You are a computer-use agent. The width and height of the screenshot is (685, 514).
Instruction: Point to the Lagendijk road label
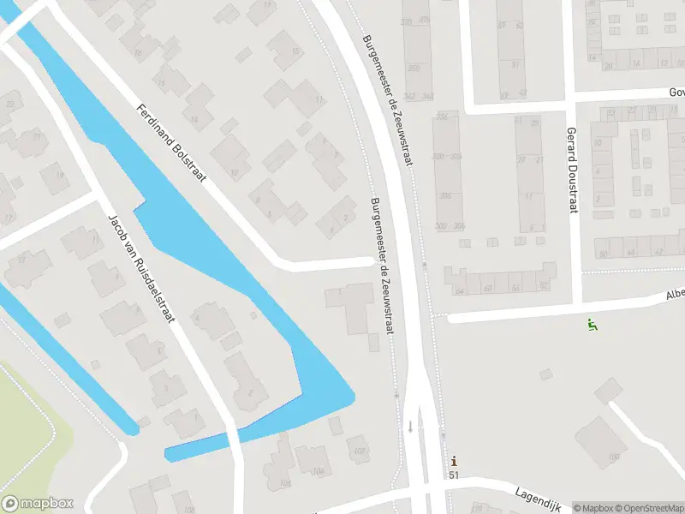[x=536, y=494]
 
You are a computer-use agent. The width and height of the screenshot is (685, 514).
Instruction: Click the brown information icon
[x=454, y=460]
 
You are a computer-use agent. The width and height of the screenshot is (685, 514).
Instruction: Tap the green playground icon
[x=591, y=325]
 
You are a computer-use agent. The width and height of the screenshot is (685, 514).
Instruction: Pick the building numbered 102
[x=359, y=451]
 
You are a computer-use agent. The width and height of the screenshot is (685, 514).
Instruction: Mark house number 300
[x=441, y=226]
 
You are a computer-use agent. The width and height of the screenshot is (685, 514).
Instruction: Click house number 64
[x=460, y=290]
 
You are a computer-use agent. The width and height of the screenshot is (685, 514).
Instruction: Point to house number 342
[x=411, y=96]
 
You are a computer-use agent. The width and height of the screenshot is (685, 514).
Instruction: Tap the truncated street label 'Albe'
[x=676, y=295]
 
